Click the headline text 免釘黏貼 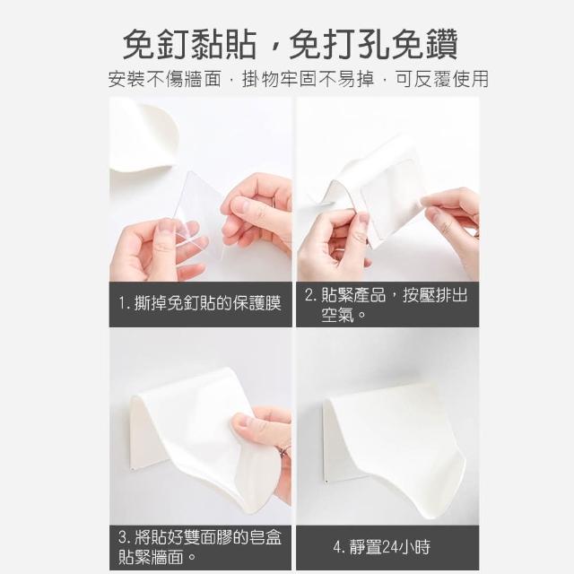click(189, 44)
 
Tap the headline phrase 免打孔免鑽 click(373, 44)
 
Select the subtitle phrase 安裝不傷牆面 click(165, 79)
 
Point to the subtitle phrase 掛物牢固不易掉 click(308, 79)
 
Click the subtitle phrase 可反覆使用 click(442, 79)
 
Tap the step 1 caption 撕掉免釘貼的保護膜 click(208, 303)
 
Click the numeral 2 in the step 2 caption click(309, 295)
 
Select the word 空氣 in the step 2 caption click(337, 315)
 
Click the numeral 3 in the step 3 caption click(123, 537)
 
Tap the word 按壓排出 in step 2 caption click(435, 295)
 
